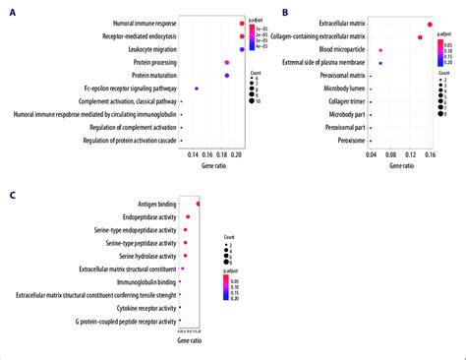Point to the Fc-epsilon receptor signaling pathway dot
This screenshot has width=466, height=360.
coord(197,90)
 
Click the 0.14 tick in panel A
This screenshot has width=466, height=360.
coord(192,155)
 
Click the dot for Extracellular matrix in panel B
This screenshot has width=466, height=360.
coord(430,24)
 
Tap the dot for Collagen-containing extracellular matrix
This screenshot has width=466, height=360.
coord(420,36)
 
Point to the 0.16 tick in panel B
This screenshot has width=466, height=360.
coord(430,153)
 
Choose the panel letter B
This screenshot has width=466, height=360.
coord(285,11)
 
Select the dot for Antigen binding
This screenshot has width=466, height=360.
coord(198,204)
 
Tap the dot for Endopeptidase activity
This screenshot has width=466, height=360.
coord(187,216)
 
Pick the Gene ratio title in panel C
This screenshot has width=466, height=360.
coord(189,352)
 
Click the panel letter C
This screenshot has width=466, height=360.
coord(11,195)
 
